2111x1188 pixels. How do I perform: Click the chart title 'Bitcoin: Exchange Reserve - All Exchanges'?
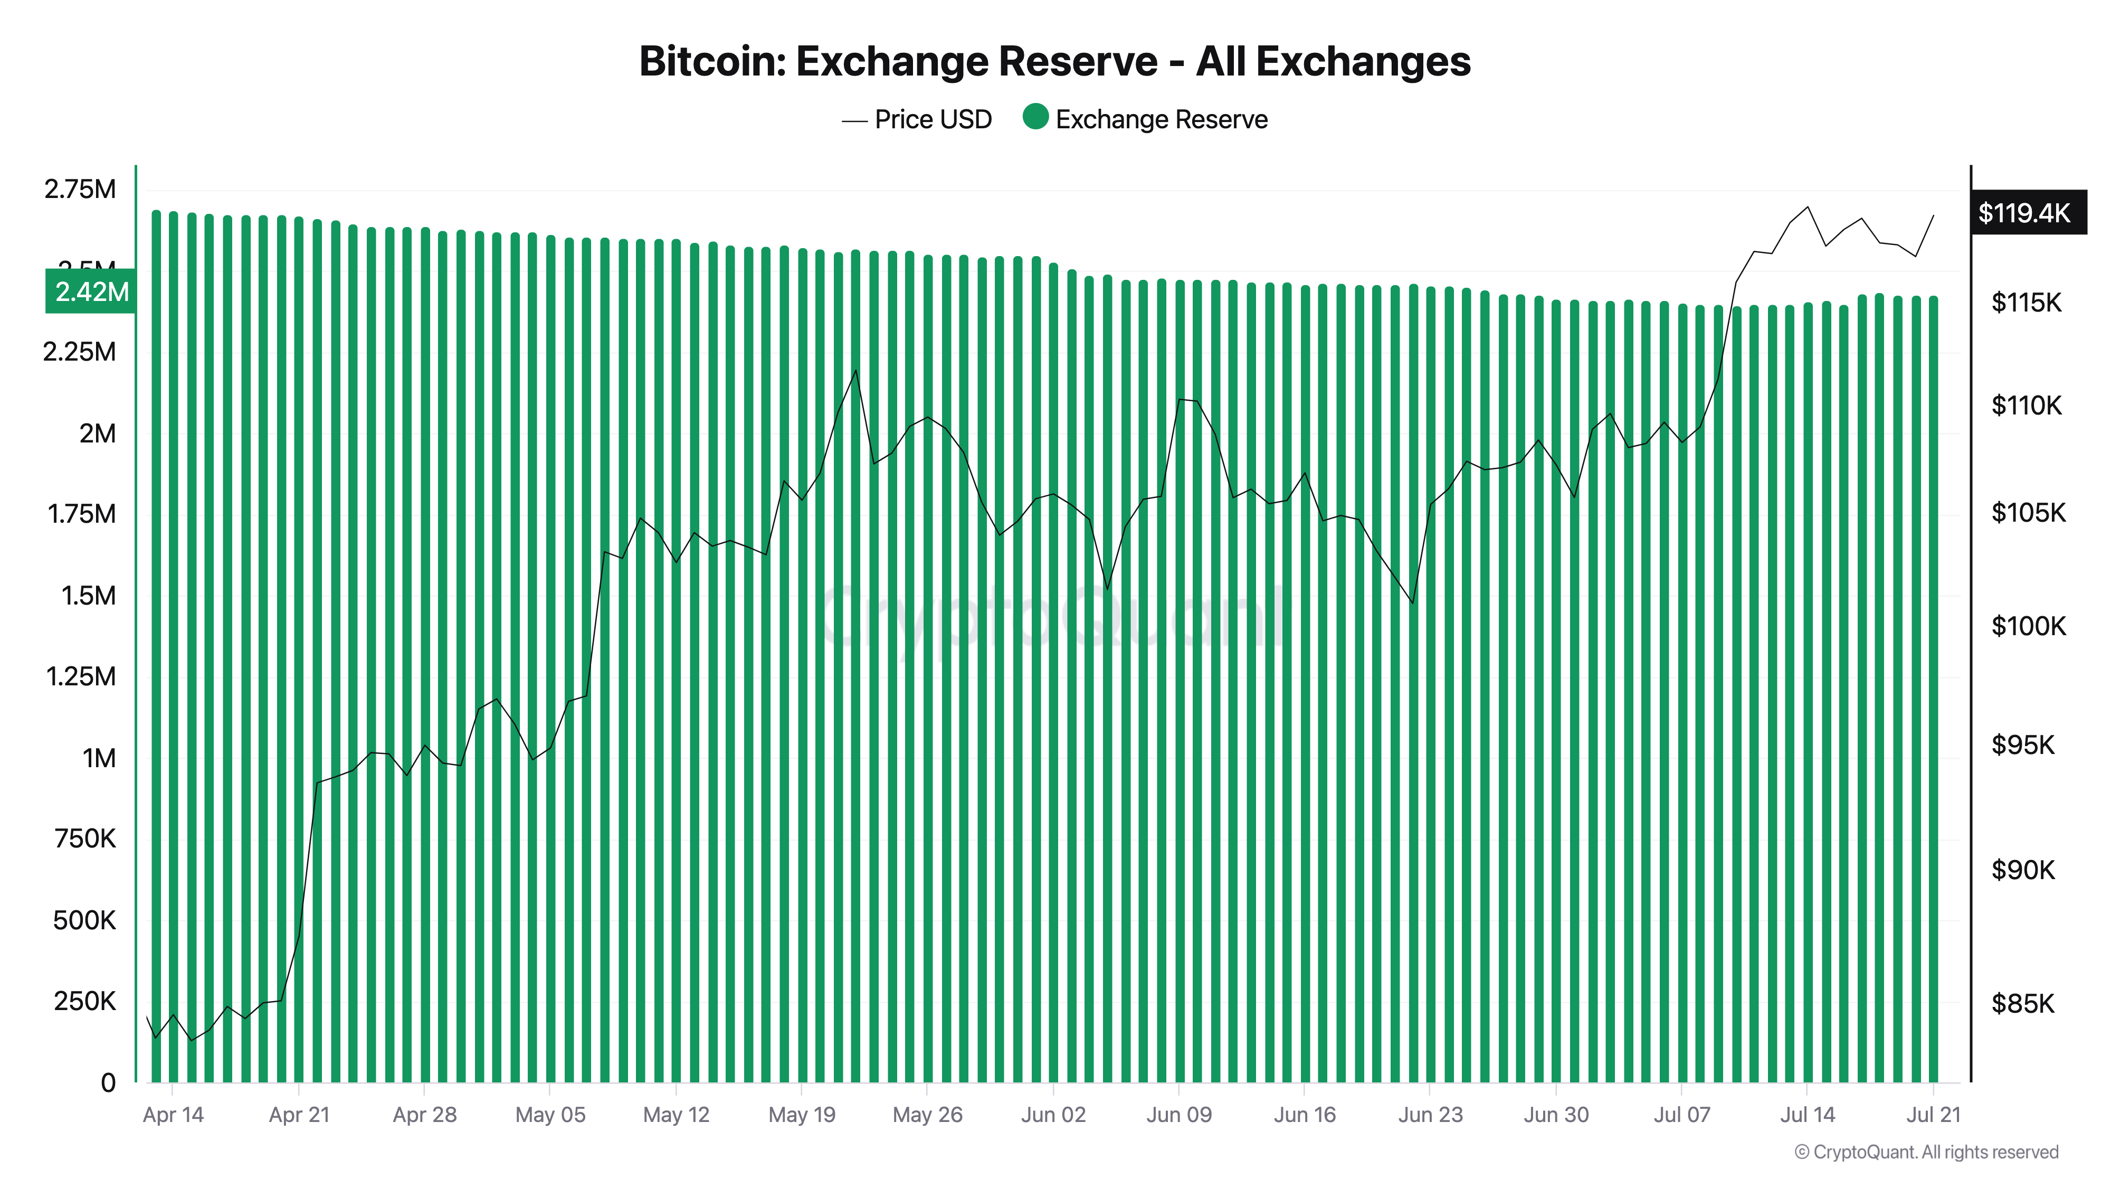1054,61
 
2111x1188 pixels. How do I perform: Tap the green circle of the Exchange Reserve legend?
1036,117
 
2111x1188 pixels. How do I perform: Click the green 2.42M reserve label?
91,292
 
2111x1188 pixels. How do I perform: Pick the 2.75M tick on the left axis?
80,190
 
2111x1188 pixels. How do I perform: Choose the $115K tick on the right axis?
2026,303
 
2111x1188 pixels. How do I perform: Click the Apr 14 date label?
173,1115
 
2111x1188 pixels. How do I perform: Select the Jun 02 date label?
1053,1115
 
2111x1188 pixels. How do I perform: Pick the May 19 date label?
802,1115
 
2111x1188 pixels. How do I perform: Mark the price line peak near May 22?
855,371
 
